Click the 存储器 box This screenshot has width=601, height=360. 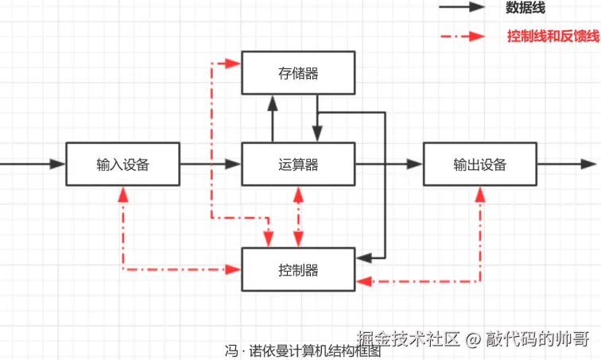coord(298,73)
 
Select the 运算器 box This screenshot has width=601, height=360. coord(298,165)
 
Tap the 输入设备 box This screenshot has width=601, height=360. coord(122,165)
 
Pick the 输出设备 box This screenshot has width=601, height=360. coord(479,165)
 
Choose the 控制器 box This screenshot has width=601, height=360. coord(298,269)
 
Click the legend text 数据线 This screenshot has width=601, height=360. coord(525,8)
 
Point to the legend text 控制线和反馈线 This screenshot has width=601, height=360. coord(553,37)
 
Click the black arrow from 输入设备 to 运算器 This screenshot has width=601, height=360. coord(211,165)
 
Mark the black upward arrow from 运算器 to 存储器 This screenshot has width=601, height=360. coord(272,119)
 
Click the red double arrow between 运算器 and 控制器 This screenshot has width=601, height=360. coord(298,216)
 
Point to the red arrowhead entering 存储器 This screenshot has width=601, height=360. coord(234,62)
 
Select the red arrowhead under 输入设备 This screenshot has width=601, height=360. coord(122,194)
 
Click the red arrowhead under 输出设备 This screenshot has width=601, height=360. coord(479,194)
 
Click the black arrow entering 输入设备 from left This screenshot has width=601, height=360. coord(32,165)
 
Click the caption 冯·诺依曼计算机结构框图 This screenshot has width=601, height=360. coord(303,351)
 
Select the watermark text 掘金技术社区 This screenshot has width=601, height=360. coord(409,339)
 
